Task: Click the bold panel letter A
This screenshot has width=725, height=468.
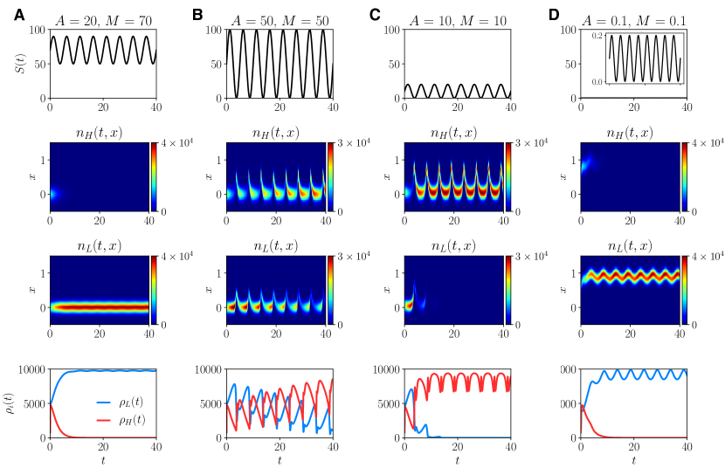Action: coord(19,15)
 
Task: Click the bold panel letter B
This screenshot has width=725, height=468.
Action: coord(197,15)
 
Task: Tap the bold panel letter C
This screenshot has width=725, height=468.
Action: coord(376,15)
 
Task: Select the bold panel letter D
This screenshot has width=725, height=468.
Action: coord(554,15)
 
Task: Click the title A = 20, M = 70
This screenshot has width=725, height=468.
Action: coord(103,20)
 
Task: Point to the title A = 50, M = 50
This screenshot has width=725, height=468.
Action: coord(280,20)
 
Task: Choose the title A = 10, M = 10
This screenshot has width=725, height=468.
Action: coord(458,20)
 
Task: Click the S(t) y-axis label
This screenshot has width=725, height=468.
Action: coord(20,64)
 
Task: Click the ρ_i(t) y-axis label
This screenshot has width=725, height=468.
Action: coord(17,403)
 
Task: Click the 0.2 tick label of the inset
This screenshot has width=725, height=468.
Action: coord(597,37)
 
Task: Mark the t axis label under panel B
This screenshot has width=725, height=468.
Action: coord(280,459)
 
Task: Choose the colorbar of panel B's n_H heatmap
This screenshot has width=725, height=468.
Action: coord(331,176)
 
